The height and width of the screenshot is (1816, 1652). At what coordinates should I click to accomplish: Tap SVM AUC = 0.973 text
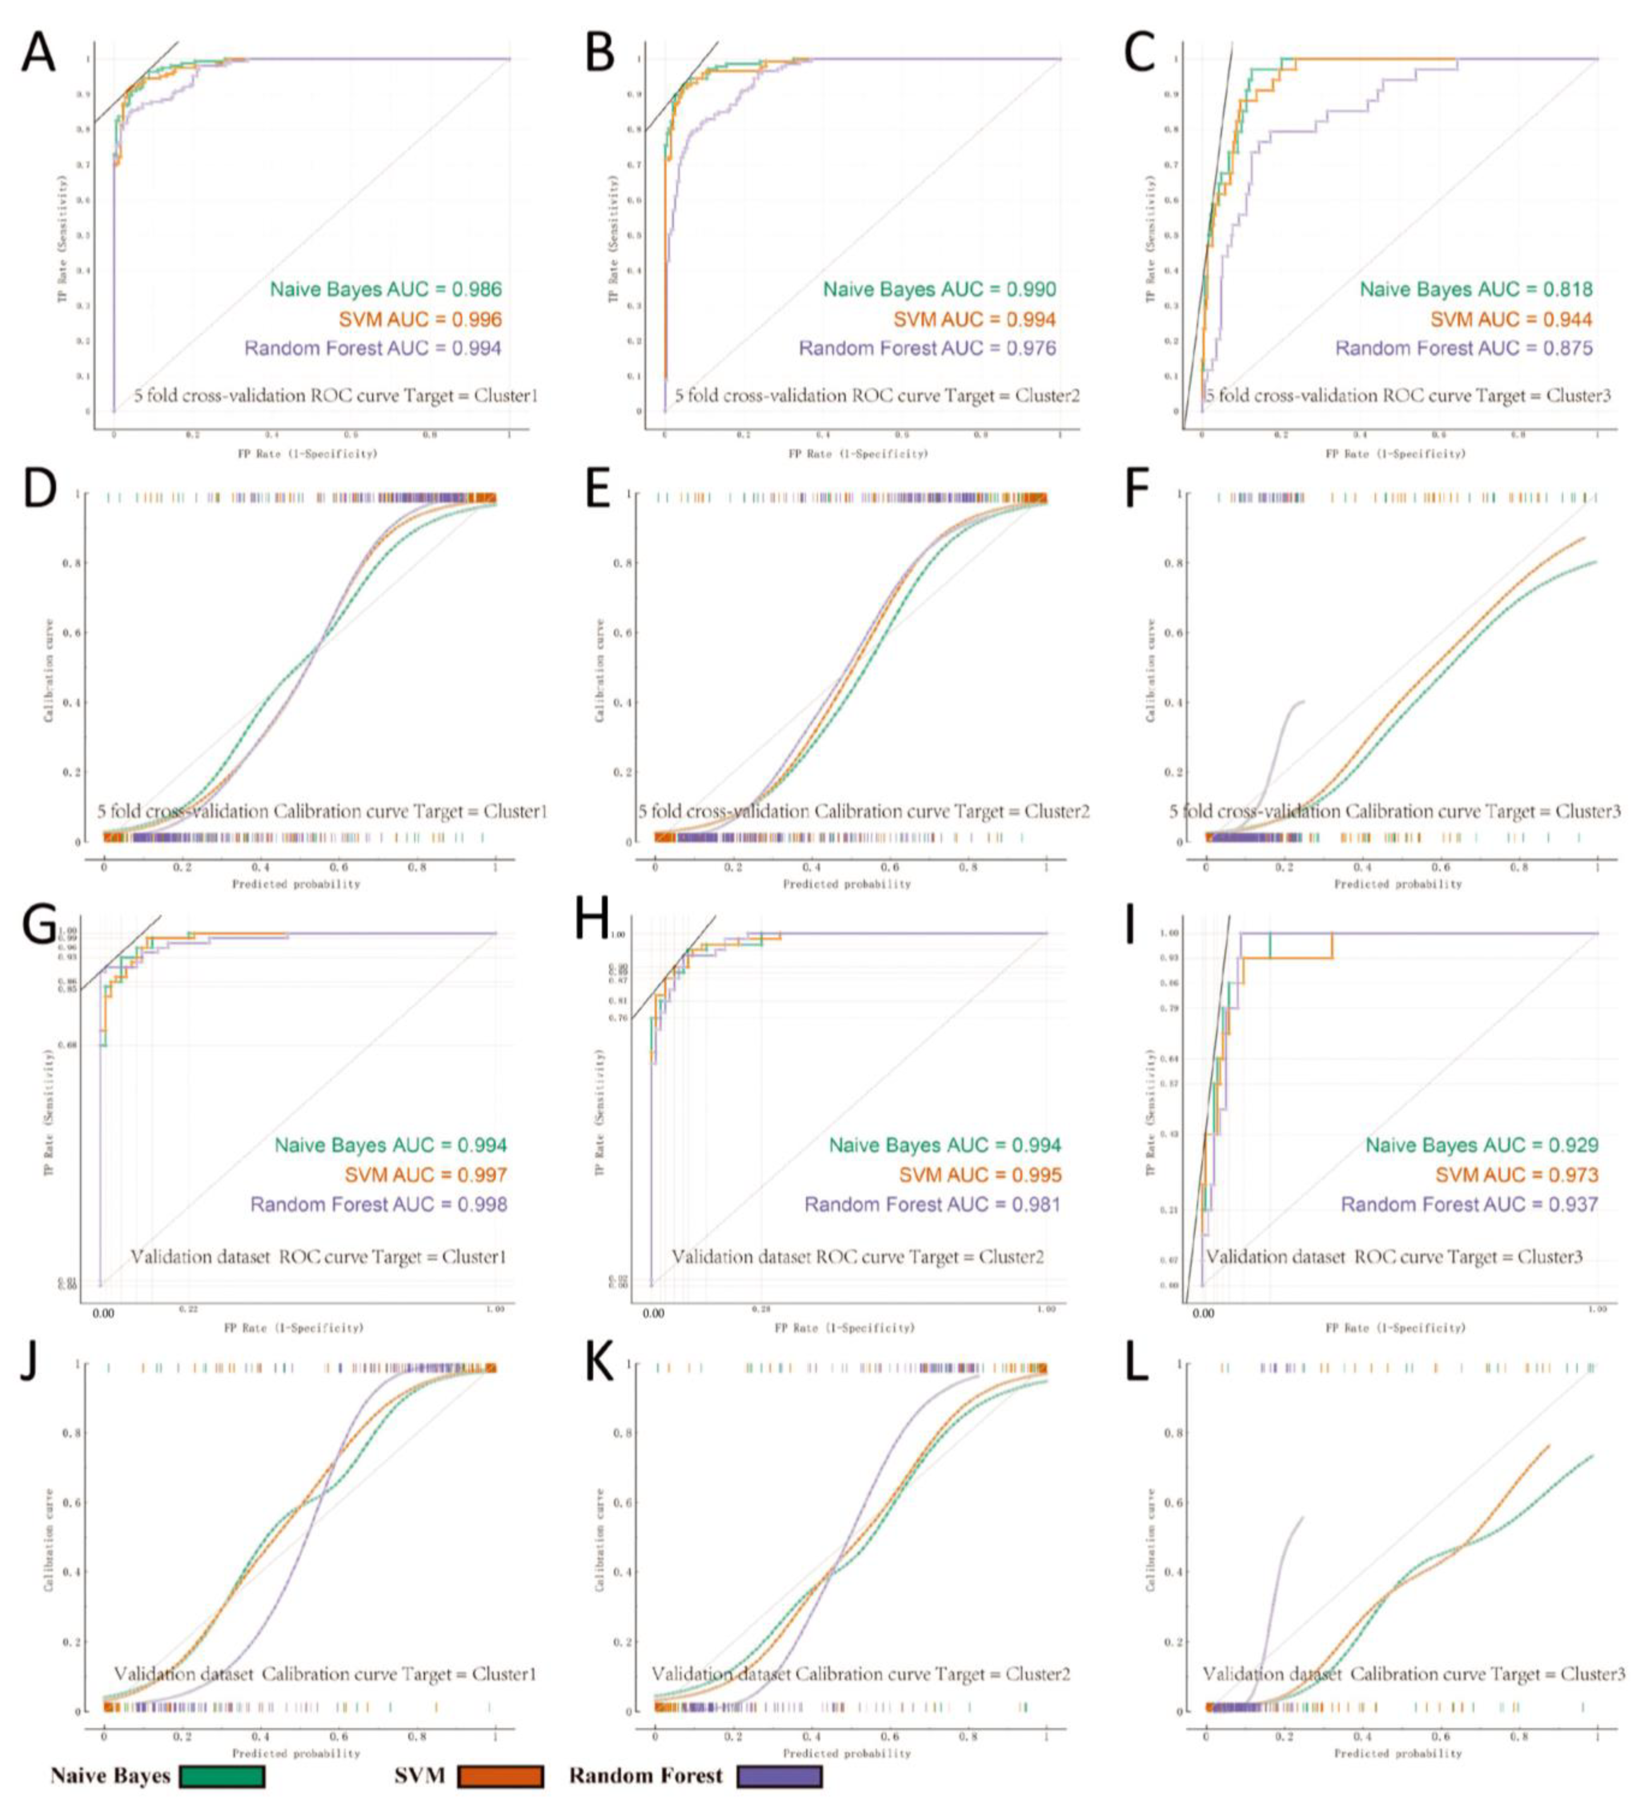[x=1516, y=1175]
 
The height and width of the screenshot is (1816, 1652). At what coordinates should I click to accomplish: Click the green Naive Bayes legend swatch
[x=222, y=1775]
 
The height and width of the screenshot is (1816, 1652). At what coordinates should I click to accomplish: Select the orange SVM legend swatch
[x=501, y=1775]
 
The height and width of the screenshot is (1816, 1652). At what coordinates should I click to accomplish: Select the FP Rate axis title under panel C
[x=1394, y=453]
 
